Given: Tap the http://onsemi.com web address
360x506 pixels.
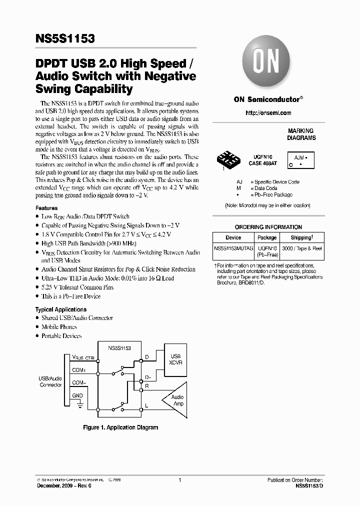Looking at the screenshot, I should click(268, 113).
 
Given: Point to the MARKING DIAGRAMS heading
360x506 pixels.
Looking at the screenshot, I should click(301, 134).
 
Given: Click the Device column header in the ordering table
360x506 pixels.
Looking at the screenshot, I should click(233, 237).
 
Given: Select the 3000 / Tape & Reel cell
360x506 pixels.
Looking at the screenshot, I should click(301, 248).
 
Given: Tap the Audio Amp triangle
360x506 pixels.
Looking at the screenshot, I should click(175, 400).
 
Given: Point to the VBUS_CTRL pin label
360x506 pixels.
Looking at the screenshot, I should click(83, 357).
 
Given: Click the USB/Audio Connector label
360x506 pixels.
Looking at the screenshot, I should click(50, 382).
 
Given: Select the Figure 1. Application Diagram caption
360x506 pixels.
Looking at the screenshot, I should click(120, 427).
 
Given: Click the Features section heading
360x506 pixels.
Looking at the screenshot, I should click(46, 208).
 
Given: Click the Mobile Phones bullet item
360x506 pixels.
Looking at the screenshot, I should click(59, 327).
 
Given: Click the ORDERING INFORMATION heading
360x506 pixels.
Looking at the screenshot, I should click(268, 227).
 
